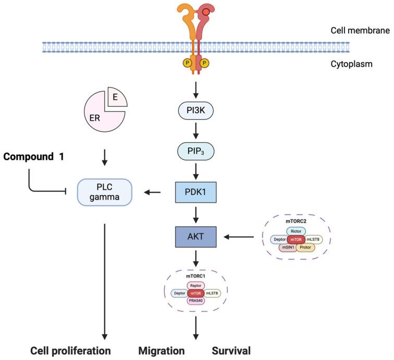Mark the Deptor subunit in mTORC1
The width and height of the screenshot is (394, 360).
[180, 293]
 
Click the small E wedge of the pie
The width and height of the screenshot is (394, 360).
[115, 97]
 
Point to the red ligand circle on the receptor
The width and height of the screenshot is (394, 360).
[206, 11]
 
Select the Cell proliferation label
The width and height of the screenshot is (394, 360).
[70, 350]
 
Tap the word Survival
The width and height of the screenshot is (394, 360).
[231, 350]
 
